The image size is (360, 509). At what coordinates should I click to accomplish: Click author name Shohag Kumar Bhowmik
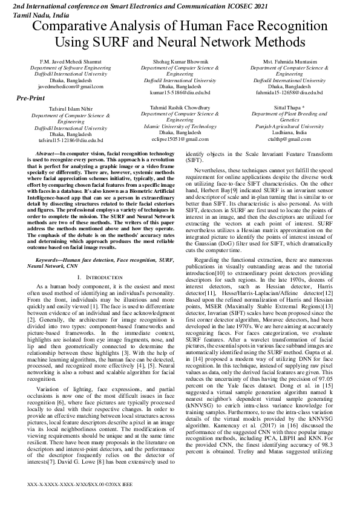pyautogui.click(x=180, y=62)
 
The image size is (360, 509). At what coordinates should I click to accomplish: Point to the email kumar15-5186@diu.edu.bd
pyautogui.click(x=180, y=92)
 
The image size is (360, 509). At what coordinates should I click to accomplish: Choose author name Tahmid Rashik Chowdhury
pyautogui.click(x=180, y=108)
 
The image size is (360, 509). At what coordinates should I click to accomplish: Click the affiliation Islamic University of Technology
pyautogui.click(x=180, y=126)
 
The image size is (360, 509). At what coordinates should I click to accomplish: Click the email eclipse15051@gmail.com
pyautogui.click(x=180, y=139)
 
